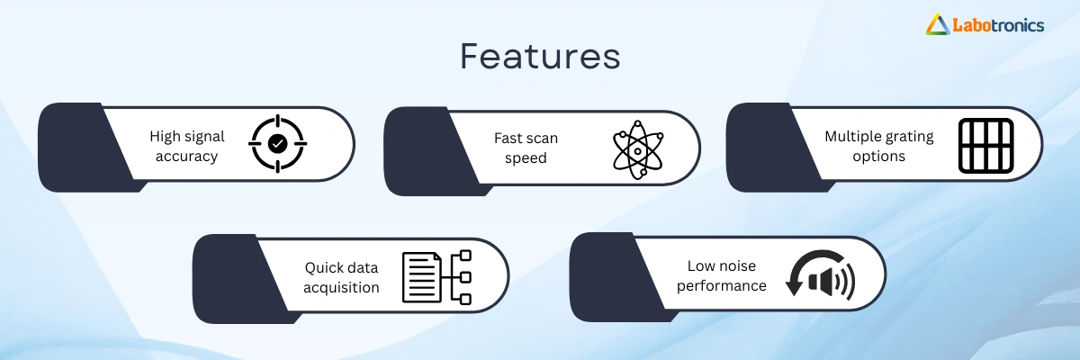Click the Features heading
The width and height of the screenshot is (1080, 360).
(x=540, y=57)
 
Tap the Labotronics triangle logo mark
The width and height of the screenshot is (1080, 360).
(x=937, y=25)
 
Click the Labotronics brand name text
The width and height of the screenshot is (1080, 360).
(x=998, y=25)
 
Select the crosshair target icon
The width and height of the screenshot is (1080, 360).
(x=278, y=144)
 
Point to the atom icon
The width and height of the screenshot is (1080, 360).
(x=638, y=150)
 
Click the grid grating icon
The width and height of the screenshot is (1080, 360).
(x=986, y=146)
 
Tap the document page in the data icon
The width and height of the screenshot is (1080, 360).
(x=422, y=277)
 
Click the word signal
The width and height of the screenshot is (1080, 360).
(x=204, y=138)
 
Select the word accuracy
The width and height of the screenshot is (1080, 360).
(x=186, y=157)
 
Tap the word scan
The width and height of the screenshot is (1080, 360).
(x=542, y=139)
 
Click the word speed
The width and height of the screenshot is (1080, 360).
(x=526, y=158)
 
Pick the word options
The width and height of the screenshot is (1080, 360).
(x=879, y=157)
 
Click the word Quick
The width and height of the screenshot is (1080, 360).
(x=324, y=267)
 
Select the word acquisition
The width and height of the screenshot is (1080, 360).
(x=341, y=288)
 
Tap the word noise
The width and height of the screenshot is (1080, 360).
(x=738, y=266)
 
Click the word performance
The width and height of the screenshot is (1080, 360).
(x=721, y=286)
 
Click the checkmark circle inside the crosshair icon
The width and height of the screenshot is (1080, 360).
(x=278, y=144)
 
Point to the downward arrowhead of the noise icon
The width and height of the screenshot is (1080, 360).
(x=794, y=288)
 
